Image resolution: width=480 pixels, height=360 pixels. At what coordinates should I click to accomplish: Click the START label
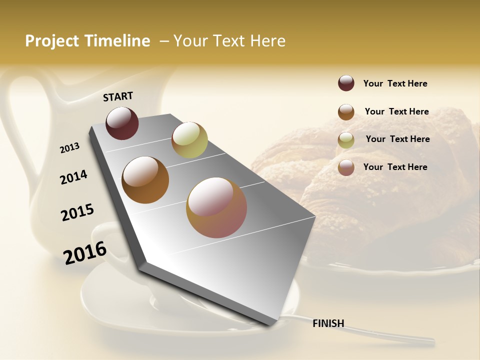[x=118, y=96]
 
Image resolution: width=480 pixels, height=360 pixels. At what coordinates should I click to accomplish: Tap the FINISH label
[x=328, y=323]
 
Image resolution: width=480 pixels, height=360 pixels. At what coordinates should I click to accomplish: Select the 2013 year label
[x=70, y=147]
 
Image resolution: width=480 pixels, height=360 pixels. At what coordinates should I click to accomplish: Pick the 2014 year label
[x=74, y=177]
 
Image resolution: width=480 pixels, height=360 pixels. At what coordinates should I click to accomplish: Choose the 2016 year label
[x=85, y=252]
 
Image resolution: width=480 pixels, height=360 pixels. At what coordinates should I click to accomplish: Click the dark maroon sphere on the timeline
[x=122, y=123]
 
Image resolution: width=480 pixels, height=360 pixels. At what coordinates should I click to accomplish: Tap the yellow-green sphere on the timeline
[x=189, y=140]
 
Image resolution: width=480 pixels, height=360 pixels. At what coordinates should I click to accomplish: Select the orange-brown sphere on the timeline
[x=145, y=180]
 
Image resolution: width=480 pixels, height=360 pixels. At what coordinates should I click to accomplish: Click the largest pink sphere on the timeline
[x=216, y=207]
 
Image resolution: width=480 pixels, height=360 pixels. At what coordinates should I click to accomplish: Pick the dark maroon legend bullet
[x=346, y=83]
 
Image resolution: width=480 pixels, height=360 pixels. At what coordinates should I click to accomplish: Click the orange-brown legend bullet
[x=346, y=112]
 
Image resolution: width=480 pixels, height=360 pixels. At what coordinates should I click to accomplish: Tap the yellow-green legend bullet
[x=346, y=140]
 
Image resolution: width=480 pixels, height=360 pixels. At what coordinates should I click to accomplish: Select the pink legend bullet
[x=346, y=167]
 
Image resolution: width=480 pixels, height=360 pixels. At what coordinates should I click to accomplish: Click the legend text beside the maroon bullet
[x=395, y=83]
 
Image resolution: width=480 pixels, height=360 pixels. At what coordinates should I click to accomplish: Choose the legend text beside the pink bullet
[x=395, y=167]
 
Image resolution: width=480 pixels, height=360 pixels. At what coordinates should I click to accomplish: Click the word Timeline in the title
[x=118, y=41]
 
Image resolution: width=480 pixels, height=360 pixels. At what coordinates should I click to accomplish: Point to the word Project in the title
[x=52, y=41]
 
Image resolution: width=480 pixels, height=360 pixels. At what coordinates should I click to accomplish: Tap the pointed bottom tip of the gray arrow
[x=270, y=325]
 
